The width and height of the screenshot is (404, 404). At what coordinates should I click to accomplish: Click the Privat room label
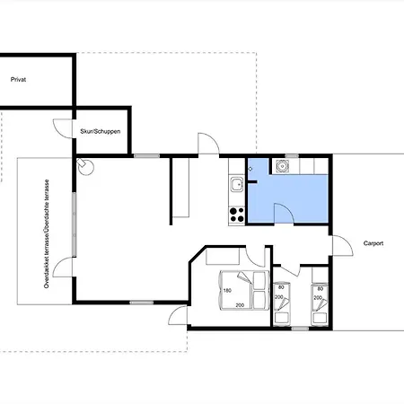[18, 80]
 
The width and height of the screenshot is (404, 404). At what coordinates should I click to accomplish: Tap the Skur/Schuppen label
[101, 131]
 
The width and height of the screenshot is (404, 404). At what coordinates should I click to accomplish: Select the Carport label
[373, 243]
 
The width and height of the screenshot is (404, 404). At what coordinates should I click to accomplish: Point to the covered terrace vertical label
[47, 233]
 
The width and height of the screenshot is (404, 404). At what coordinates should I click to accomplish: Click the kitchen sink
[237, 184]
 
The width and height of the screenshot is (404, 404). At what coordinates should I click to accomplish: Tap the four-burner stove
[237, 215]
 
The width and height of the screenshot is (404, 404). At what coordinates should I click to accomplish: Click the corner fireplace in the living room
[85, 166]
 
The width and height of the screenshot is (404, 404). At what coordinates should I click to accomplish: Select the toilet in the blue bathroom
[282, 166]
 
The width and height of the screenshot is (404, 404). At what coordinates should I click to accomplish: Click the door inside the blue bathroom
[284, 213]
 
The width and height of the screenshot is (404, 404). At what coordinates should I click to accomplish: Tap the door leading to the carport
[343, 245]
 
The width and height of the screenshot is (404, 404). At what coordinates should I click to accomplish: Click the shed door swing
[63, 128]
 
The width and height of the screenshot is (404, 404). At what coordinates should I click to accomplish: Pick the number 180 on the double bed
[227, 290]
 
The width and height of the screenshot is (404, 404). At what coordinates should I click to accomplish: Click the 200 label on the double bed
[240, 305]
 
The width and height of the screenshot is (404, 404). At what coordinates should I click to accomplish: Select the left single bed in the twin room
[282, 303]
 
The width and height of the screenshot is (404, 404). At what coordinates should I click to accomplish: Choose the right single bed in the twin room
[320, 304]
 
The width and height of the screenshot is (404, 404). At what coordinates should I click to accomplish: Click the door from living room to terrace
[63, 267]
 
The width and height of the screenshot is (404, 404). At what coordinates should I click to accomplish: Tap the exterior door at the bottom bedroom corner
[178, 315]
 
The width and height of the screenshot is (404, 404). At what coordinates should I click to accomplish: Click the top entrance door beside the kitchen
[208, 144]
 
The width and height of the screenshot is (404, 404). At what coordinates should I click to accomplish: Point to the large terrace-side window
[74, 224]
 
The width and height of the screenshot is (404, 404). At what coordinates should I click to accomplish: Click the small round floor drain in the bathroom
[250, 169]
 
